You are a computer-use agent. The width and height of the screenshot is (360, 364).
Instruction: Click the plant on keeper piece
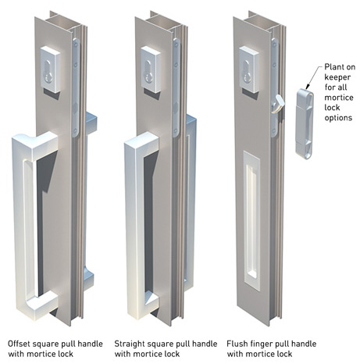point(304,123)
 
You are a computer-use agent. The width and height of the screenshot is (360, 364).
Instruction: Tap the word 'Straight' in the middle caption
point(131,343)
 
